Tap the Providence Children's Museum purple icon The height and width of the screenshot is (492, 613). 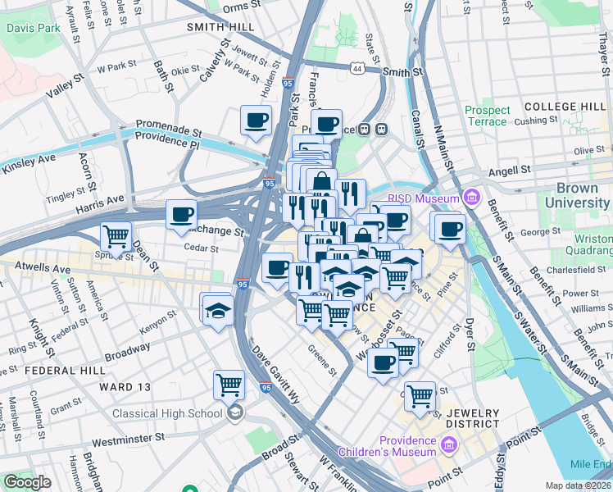pos(447,445)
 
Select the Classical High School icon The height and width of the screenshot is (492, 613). pos(236,412)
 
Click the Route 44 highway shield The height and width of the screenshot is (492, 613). pos(357,70)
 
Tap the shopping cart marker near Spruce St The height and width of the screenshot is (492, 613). pos(116,236)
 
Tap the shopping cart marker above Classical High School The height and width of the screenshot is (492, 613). pos(229,383)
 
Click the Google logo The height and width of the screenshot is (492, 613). pos(27,482)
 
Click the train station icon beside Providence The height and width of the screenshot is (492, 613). pos(381,129)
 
